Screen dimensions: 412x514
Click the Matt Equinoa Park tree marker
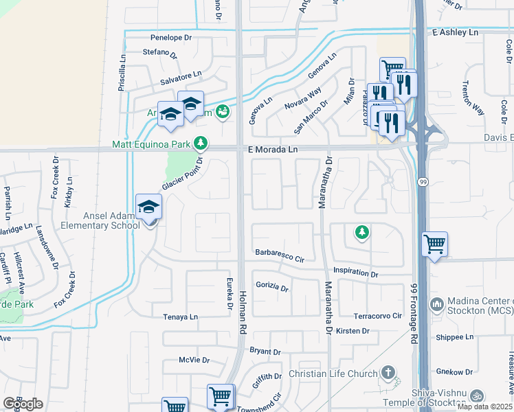click(x=200, y=144)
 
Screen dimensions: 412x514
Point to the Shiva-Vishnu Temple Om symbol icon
click(x=476, y=396)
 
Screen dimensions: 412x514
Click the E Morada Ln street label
click(x=273, y=149)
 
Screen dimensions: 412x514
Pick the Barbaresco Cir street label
click(x=280, y=255)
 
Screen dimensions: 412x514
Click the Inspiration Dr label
click(x=355, y=273)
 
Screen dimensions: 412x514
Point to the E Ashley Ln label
click(x=455, y=32)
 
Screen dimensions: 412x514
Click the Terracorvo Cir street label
click(x=377, y=316)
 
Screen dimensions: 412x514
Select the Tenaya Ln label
click(x=180, y=317)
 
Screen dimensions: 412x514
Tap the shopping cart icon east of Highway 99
click(x=434, y=243)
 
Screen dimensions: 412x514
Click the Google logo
click(x=23, y=404)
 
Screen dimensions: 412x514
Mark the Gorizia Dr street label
click(x=272, y=286)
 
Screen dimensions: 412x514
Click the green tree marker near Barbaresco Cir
click(x=361, y=233)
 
